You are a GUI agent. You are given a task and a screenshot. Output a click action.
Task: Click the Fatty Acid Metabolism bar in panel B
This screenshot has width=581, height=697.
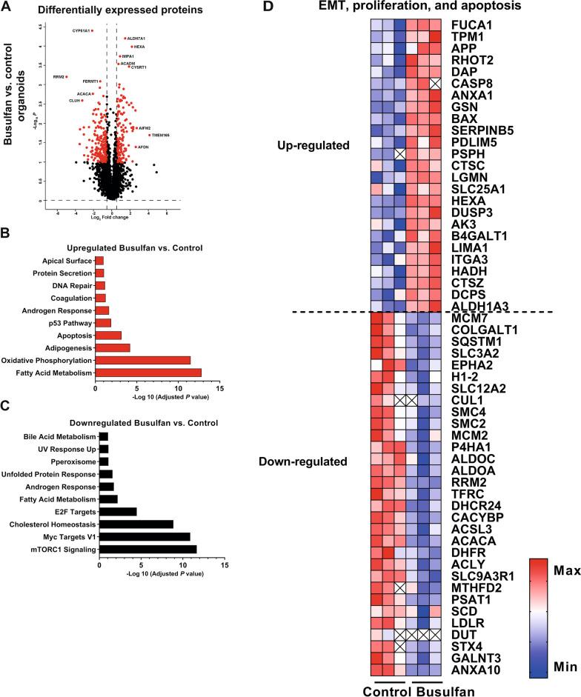pos(148,373)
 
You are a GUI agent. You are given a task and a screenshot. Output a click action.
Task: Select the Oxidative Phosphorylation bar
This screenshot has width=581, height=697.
pos(143,360)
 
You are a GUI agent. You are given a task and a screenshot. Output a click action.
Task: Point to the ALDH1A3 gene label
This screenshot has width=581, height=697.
pos(475,306)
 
